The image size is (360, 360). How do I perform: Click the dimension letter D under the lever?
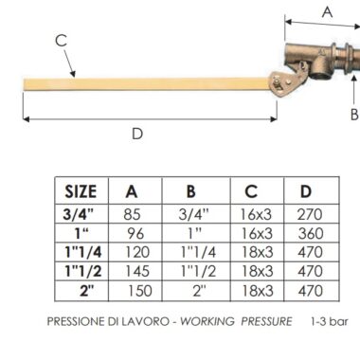(x=137, y=134)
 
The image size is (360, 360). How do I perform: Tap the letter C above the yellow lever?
(x=61, y=41)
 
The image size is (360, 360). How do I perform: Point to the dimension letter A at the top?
(x=328, y=12)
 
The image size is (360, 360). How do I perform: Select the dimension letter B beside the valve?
(x=354, y=115)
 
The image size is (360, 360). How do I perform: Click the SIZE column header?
(x=81, y=191)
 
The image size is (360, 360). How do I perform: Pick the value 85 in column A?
(x=132, y=214)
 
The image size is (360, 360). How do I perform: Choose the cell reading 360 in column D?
(x=311, y=233)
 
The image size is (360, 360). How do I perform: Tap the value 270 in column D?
(x=310, y=214)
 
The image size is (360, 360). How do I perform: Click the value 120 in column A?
(x=137, y=252)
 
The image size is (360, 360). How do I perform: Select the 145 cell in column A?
(x=137, y=271)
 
